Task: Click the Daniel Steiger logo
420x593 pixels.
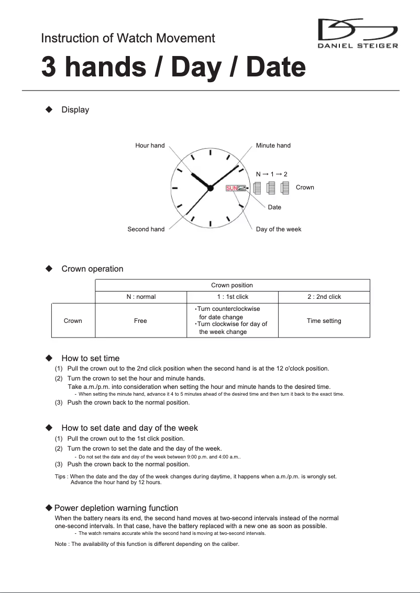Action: click(358, 33)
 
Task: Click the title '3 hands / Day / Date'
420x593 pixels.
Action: click(173, 68)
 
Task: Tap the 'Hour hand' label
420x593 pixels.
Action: click(150, 146)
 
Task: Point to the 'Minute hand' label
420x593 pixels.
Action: click(273, 146)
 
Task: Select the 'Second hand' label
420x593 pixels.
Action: click(146, 229)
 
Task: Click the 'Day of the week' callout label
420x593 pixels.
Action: click(278, 229)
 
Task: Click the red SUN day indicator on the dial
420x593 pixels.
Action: click(231, 188)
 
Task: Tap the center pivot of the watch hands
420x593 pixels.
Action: click(210, 188)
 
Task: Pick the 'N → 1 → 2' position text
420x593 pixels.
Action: click(271, 174)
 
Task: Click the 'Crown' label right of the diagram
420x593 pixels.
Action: click(305, 187)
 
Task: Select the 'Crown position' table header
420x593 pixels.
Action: click(232, 285)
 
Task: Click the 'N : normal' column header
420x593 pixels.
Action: click(141, 297)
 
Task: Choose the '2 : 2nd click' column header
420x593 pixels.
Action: click(324, 297)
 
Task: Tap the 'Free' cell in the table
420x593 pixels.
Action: click(140, 321)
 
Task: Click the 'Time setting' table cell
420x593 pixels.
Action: click(324, 321)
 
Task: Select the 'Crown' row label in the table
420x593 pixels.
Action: click(73, 321)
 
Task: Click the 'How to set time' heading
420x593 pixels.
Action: click(90, 359)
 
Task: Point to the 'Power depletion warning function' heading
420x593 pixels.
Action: click(116, 508)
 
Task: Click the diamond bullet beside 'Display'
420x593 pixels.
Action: click(49, 109)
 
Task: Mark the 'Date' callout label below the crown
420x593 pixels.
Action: click(274, 207)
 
